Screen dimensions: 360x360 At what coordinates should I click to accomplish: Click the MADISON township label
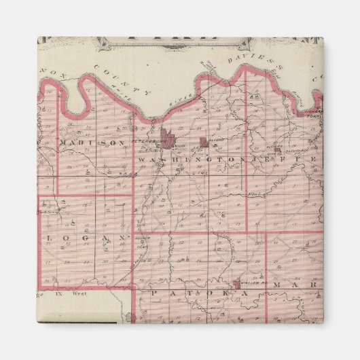point(92,143)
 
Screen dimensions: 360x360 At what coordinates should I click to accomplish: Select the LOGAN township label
point(84,238)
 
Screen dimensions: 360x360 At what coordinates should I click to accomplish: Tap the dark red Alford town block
point(204,142)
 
